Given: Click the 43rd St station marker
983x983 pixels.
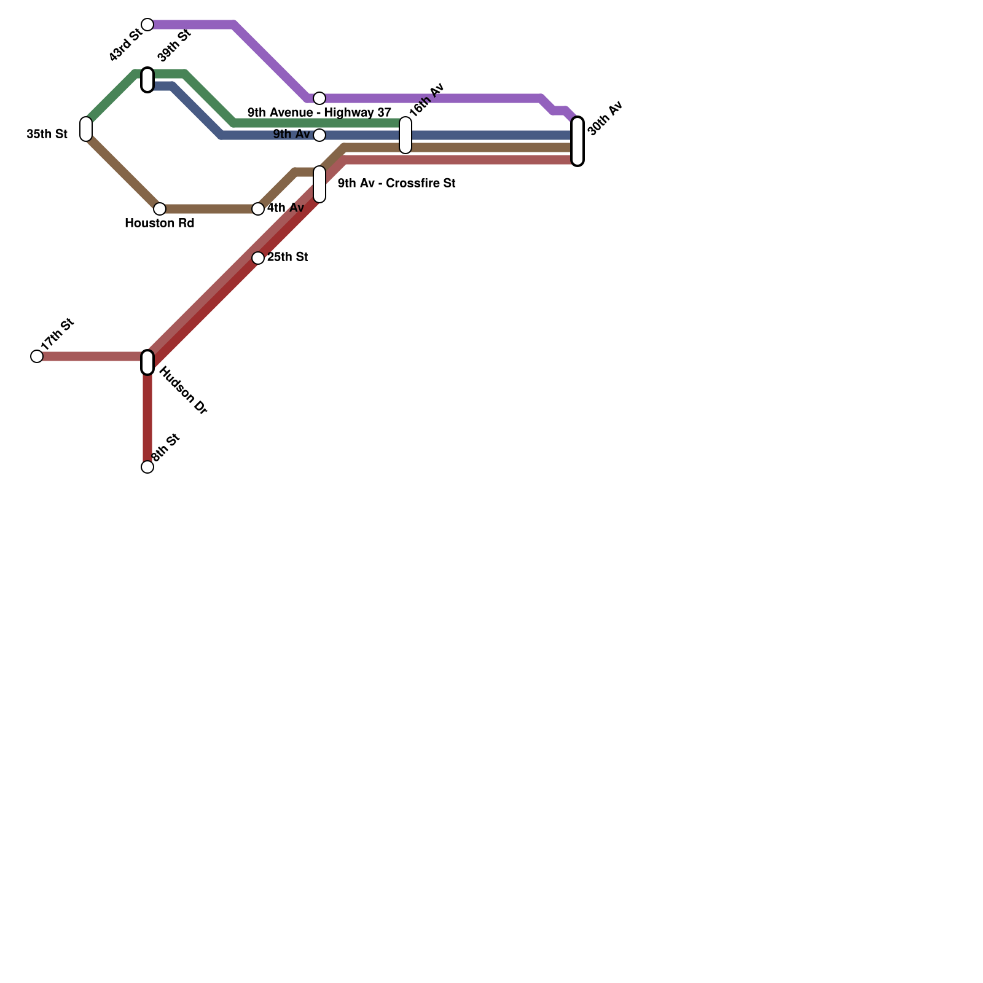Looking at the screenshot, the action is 147,25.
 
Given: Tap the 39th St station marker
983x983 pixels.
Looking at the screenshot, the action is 147,80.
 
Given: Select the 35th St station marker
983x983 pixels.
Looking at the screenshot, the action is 86,129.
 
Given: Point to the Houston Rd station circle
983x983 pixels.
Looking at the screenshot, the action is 160,209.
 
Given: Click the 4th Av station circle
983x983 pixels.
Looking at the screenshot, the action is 258,209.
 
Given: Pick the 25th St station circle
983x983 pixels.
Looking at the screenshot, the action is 258,258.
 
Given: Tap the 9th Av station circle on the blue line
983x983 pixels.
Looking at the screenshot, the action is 319,135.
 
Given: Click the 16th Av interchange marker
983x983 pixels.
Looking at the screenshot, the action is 405,135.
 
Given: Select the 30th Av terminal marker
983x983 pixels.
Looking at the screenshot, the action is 578,141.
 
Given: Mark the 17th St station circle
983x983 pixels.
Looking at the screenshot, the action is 37,356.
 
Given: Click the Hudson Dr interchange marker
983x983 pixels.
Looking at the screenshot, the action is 147,362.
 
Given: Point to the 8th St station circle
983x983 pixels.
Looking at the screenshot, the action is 147,467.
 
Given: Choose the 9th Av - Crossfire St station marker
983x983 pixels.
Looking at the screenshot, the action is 319,184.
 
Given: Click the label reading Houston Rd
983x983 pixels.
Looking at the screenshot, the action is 159,224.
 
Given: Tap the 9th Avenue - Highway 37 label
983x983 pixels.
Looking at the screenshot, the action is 319,113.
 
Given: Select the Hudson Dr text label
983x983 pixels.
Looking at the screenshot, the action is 183,391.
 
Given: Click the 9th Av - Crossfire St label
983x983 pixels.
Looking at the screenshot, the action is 396,184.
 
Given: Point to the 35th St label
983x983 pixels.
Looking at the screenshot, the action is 47,134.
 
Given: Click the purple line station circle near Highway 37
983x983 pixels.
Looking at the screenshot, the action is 319,98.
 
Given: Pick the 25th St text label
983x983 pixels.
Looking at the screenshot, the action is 287,257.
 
